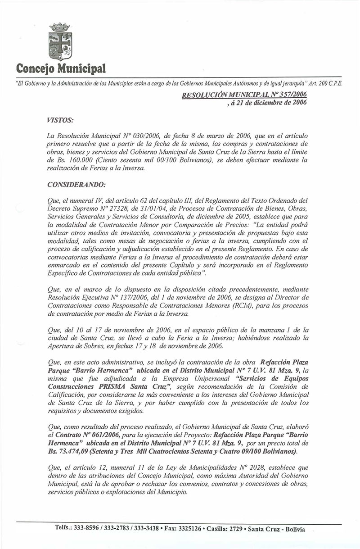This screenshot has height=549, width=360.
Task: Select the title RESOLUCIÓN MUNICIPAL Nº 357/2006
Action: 237,95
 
